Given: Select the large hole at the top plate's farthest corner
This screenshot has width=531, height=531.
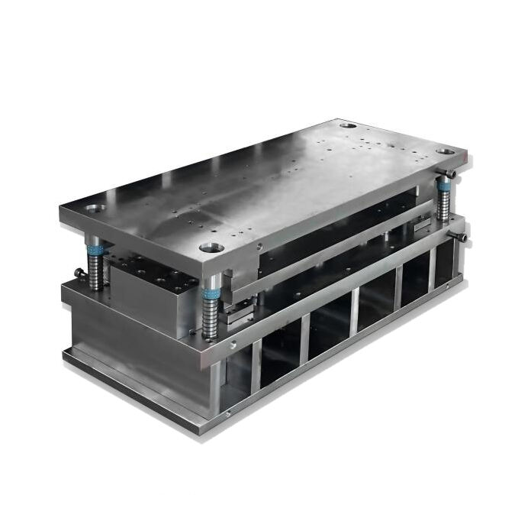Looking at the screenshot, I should click(347, 125).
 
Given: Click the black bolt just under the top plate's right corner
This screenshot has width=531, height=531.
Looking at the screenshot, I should click(452, 174).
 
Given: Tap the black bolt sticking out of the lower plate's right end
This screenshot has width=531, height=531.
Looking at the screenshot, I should click(463, 238).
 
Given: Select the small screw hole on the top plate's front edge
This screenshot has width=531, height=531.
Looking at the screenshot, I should click(259, 246).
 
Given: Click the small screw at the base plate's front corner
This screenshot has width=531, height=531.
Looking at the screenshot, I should click(227, 413).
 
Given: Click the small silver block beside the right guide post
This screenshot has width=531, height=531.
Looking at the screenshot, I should click(420, 222).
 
